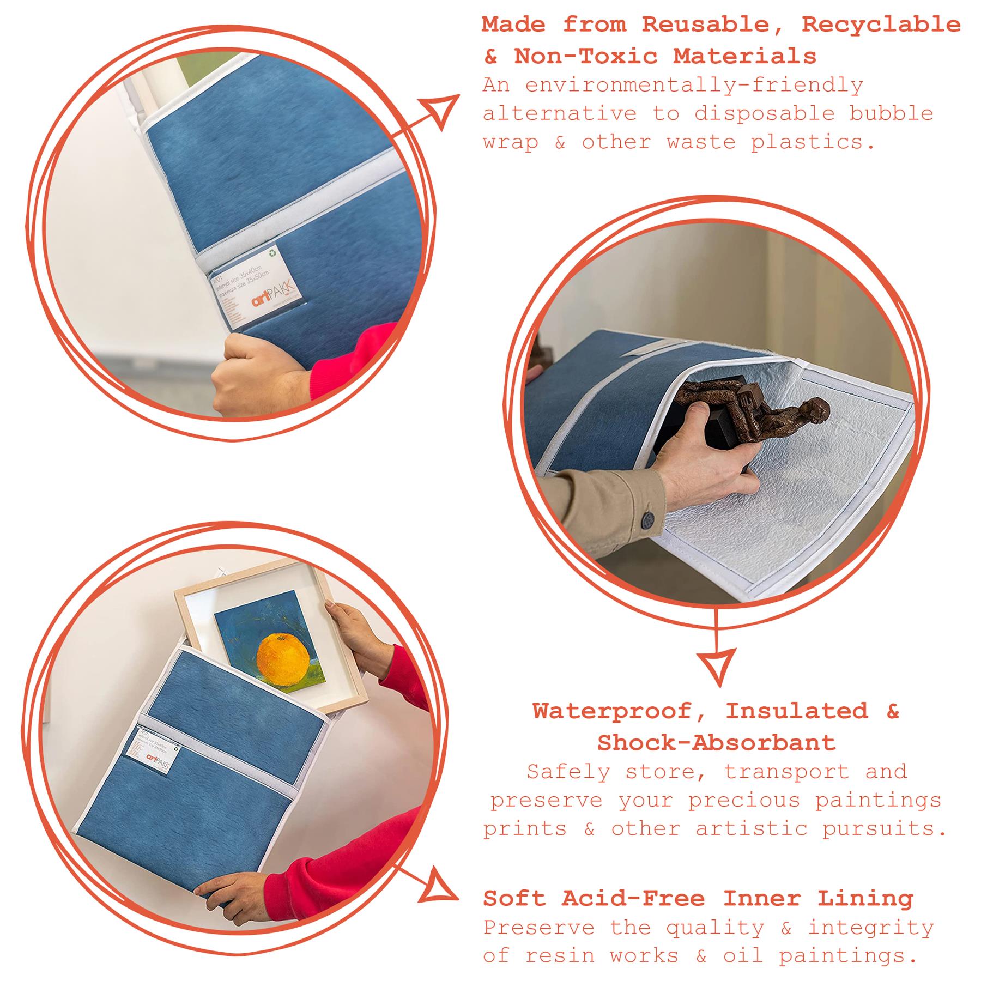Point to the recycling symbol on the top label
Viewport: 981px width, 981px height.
272,253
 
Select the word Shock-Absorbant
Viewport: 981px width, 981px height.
716,743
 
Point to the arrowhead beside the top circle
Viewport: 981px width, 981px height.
441,109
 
